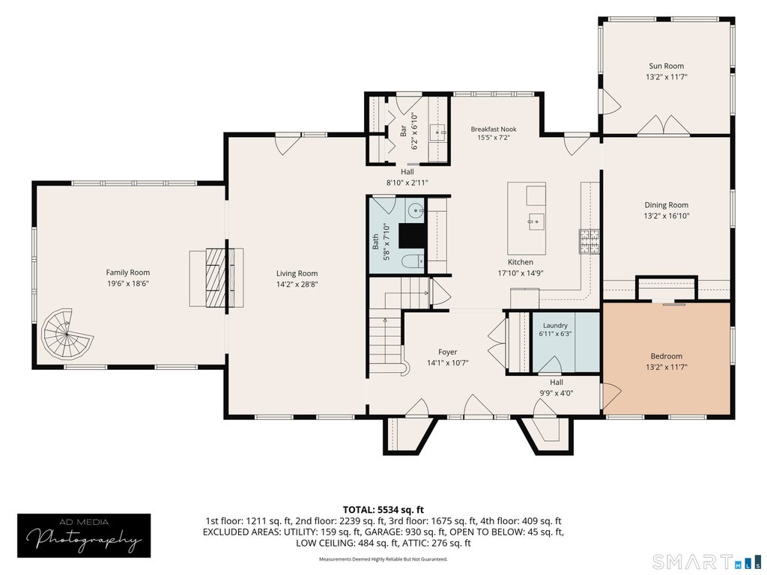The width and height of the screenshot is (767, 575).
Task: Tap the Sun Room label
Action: (x=666, y=66)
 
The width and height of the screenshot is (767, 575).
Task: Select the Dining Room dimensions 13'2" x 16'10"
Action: (x=666, y=216)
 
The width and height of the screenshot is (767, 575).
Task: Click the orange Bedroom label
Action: (x=666, y=356)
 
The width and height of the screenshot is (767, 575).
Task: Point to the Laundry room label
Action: (x=555, y=326)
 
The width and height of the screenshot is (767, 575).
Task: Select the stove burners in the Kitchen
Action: (x=589, y=241)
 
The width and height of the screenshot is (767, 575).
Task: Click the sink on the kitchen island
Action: (x=536, y=222)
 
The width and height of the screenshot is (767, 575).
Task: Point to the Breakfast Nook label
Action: (x=494, y=129)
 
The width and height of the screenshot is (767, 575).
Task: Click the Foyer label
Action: (x=448, y=352)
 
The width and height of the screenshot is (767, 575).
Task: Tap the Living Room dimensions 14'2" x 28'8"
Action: (x=297, y=285)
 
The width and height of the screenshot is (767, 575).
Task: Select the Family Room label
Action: (x=128, y=273)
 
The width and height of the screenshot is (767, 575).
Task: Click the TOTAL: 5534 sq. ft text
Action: (x=383, y=511)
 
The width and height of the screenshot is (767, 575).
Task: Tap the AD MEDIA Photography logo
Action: (x=84, y=536)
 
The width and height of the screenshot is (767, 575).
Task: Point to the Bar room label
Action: (x=404, y=131)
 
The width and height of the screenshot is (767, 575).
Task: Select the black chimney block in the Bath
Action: (x=413, y=236)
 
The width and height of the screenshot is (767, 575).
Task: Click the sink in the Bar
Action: (x=437, y=132)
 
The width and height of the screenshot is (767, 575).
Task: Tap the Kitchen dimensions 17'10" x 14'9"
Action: (x=521, y=273)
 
